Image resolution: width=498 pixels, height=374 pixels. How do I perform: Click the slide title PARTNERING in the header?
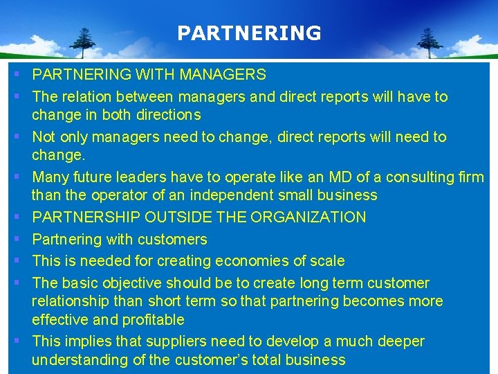pos(249,33)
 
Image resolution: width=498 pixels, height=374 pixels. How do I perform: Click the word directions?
pos(166,115)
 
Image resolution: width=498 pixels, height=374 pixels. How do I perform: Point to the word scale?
pos(326,261)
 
